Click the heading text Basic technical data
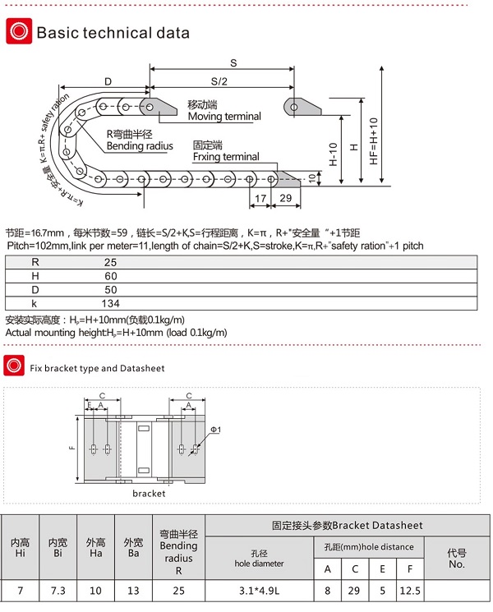pyautogui.click(x=113, y=34)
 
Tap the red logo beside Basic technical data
pyautogui.click(x=17, y=33)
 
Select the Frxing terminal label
pyautogui.click(x=225, y=156)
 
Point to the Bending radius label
pyautogui.click(x=140, y=146)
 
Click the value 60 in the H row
pyautogui.click(x=111, y=276)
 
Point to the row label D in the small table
pyautogui.click(x=35, y=290)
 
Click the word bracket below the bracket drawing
pyautogui.click(x=149, y=494)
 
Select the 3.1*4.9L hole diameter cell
pyautogui.click(x=260, y=590)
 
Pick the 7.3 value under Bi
pyautogui.click(x=58, y=590)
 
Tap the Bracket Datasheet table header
pyautogui.click(x=347, y=525)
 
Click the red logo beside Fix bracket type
pyautogui.click(x=13, y=366)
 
